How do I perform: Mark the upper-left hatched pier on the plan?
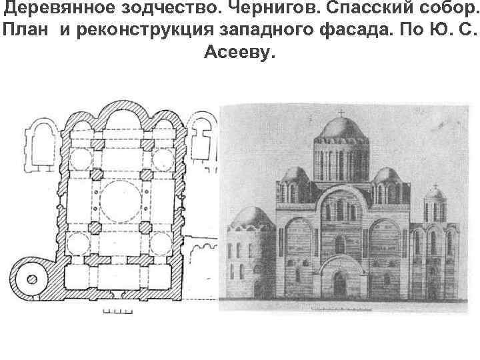[98, 144]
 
